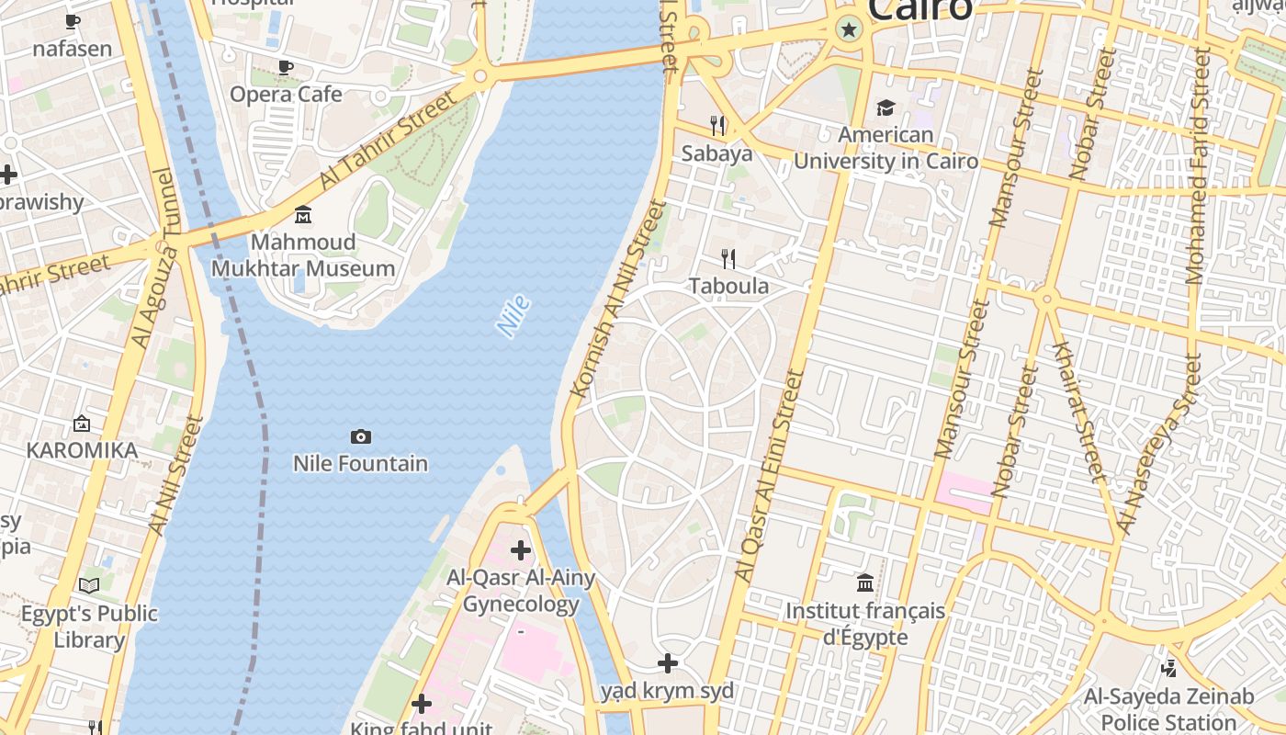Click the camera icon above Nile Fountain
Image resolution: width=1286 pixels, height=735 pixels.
coord(361,436)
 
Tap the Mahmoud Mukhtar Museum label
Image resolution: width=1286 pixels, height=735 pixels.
coord(303,255)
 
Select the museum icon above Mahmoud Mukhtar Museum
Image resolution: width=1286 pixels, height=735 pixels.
coord(303,215)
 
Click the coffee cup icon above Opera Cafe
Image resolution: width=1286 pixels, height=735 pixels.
coord(286,67)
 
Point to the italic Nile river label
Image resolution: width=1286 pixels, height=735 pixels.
coord(513,315)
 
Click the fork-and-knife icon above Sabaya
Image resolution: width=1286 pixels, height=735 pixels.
coord(717,125)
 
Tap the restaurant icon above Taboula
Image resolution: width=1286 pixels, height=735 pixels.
coord(728,258)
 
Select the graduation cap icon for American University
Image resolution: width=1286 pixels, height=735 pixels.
coord(886,108)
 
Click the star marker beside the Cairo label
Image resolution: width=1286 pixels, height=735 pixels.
coord(849,30)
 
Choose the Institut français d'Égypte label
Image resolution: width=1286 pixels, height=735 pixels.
coord(864,623)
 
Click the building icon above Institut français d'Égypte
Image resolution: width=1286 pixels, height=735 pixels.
coord(864,582)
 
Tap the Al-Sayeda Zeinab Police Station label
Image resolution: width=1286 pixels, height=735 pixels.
coord(1168,708)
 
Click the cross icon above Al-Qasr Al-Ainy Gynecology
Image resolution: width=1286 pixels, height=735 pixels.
coord(521,550)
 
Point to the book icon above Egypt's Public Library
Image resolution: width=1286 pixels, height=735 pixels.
coord(89,585)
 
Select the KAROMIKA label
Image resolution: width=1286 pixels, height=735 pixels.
coord(82,450)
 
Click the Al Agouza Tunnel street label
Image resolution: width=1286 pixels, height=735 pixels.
coord(153,259)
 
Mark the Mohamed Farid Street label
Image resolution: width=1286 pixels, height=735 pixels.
coord(1200,165)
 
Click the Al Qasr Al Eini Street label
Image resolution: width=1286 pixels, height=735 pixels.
coord(769,476)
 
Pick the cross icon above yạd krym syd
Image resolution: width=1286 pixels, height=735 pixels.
coord(668,663)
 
